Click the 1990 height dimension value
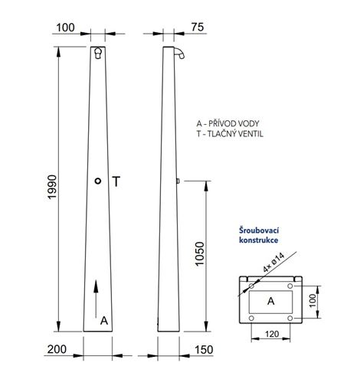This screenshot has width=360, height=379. [x=52, y=187]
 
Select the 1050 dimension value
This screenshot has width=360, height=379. [x=200, y=254]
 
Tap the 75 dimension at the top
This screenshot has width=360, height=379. [x=198, y=27]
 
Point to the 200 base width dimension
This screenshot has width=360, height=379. [x=57, y=349]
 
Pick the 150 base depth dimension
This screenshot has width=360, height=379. [x=204, y=350]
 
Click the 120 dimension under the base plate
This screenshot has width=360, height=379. [x=272, y=334]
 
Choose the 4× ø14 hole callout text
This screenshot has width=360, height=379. [x=273, y=262]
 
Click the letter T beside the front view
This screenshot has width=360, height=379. [x=116, y=181]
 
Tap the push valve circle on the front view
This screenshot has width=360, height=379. [x=98, y=181]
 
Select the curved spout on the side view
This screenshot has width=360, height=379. [x=179, y=52]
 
